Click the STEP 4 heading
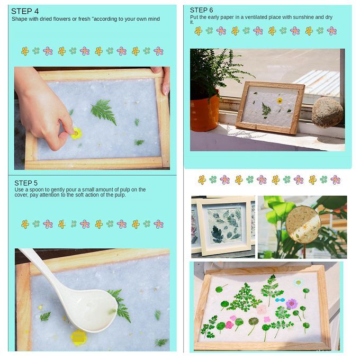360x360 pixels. point(25,11)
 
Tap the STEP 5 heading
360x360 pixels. point(26,183)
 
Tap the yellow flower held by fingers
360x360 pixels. point(76,133)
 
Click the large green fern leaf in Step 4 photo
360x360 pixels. point(104,112)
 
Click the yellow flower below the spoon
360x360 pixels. point(78,338)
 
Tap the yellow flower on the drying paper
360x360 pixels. point(280,101)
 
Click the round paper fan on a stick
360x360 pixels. point(303,224)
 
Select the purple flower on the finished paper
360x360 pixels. point(292,304)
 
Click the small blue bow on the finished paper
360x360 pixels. point(280,300)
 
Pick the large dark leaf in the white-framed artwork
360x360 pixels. point(217,235)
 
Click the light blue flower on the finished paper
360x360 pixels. point(298,282)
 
